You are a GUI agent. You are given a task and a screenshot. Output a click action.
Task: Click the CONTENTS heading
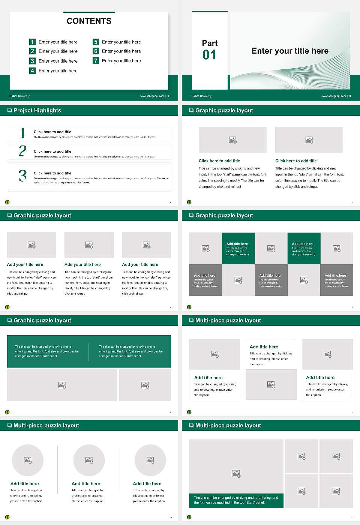89,21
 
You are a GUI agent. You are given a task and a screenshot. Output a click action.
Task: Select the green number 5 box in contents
96,42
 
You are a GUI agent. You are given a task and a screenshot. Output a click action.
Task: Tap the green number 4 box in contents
32,70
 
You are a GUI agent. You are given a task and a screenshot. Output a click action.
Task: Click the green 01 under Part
209,55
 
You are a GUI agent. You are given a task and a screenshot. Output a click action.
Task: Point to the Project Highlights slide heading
37,111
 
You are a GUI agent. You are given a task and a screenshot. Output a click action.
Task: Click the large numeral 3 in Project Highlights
22,175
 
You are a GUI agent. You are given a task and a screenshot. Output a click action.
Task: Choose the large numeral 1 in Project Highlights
22,133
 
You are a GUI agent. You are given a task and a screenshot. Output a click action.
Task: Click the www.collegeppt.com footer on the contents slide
152,96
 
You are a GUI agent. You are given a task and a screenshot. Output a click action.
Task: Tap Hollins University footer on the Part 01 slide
201,96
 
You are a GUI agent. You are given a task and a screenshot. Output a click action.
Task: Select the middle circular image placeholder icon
89,460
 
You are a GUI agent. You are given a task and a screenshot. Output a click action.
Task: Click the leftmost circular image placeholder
28,460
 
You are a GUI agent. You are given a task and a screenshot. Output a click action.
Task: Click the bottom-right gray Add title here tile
336,280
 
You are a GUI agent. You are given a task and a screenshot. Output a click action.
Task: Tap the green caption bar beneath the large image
236,500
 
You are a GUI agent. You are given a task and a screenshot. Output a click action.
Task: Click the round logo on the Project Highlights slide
7,202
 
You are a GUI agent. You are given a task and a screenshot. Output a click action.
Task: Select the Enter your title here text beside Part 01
290,51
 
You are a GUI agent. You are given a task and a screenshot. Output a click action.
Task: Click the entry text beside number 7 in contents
121,61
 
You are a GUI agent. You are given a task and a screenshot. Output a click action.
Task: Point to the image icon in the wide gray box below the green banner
62,385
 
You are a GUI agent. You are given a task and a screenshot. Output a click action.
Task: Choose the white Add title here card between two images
271,355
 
